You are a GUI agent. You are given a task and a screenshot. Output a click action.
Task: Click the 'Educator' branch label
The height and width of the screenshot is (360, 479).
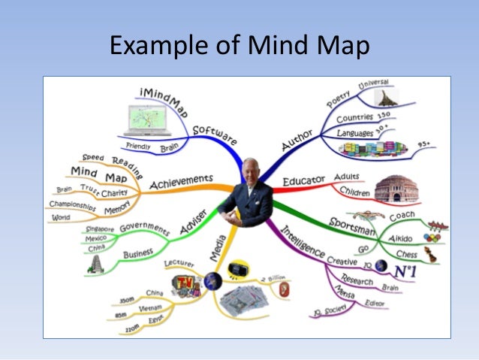pyautogui.click(x=303, y=181)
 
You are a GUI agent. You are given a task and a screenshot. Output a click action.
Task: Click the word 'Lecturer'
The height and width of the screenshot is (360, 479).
pyautogui.click(x=179, y=265)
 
